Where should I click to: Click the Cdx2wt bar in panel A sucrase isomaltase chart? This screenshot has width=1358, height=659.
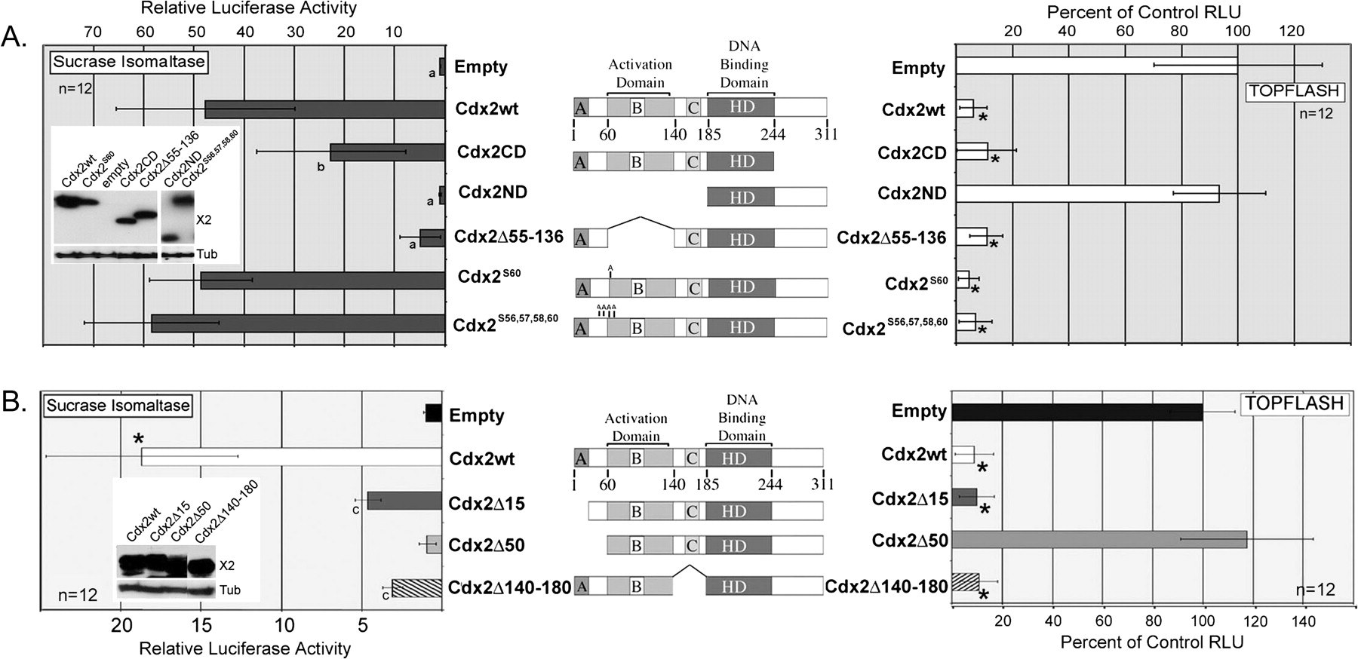coord(324,109)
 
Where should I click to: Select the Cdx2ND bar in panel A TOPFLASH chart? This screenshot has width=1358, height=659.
coord(1086,194)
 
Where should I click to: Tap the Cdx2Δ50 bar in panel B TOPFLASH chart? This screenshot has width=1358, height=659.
coord(1098,540)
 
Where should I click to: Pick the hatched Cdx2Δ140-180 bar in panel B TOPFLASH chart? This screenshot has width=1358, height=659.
coord(965,583)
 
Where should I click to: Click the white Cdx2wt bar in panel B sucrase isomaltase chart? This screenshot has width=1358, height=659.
coord(290,457)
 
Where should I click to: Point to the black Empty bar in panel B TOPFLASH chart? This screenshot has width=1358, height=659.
coord(1077,412)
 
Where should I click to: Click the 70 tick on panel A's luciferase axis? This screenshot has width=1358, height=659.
coord(93,32)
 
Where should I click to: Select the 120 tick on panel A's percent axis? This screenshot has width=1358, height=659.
coord(1292,31)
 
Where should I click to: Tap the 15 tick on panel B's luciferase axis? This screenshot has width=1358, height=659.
coord(201,625)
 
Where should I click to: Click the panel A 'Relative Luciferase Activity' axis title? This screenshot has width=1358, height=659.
coord(248,9)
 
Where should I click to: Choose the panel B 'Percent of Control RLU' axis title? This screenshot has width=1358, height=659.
coord(1152,642)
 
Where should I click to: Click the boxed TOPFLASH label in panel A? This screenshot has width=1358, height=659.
coord(1293,91)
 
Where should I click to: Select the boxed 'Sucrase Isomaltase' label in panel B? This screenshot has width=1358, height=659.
coord(118,405)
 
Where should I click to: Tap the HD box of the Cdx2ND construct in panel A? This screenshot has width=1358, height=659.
coord(742,197)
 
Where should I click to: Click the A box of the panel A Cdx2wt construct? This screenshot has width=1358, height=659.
coord(580,107)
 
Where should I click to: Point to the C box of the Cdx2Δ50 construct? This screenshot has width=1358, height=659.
coord(691,545)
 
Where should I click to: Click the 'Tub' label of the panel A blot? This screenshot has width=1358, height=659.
coord(207,254)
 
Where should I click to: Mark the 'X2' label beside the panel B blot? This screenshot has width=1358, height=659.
coord(227,565)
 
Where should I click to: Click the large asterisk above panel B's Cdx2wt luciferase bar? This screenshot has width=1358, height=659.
coord(138,439)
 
